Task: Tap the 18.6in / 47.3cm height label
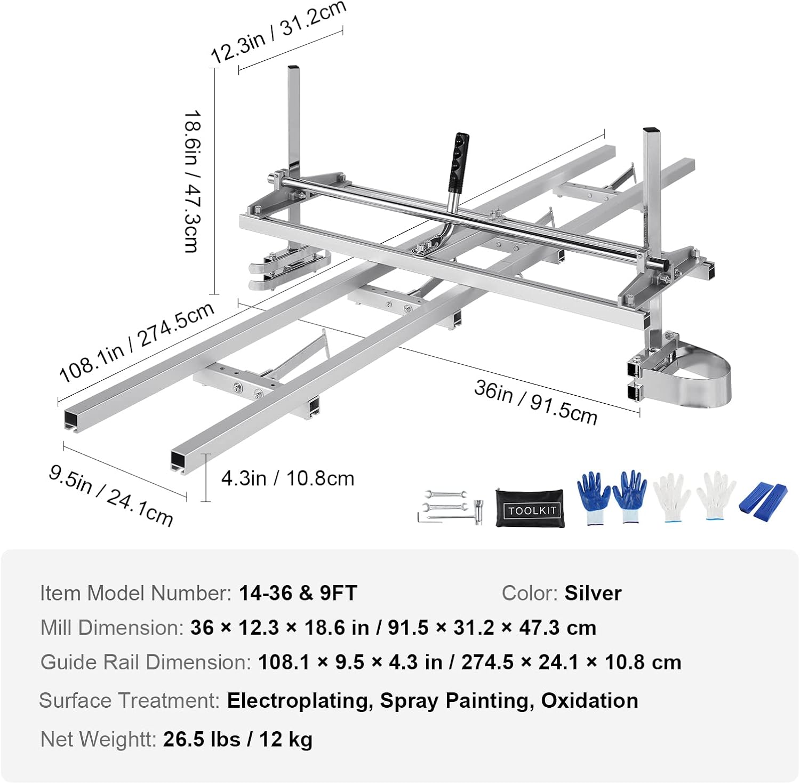[192, 181]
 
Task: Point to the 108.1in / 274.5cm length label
[137, 341]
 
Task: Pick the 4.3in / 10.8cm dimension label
[287, 478]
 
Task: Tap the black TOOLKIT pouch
[531, 508]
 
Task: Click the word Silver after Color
[593, 593]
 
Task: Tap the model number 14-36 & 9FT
[298, 593]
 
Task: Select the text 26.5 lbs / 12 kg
[238, 739]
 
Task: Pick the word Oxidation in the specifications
[589, 700]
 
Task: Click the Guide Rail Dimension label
[146, 662]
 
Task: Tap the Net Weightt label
[98, 739]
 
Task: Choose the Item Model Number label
[135, 593]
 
